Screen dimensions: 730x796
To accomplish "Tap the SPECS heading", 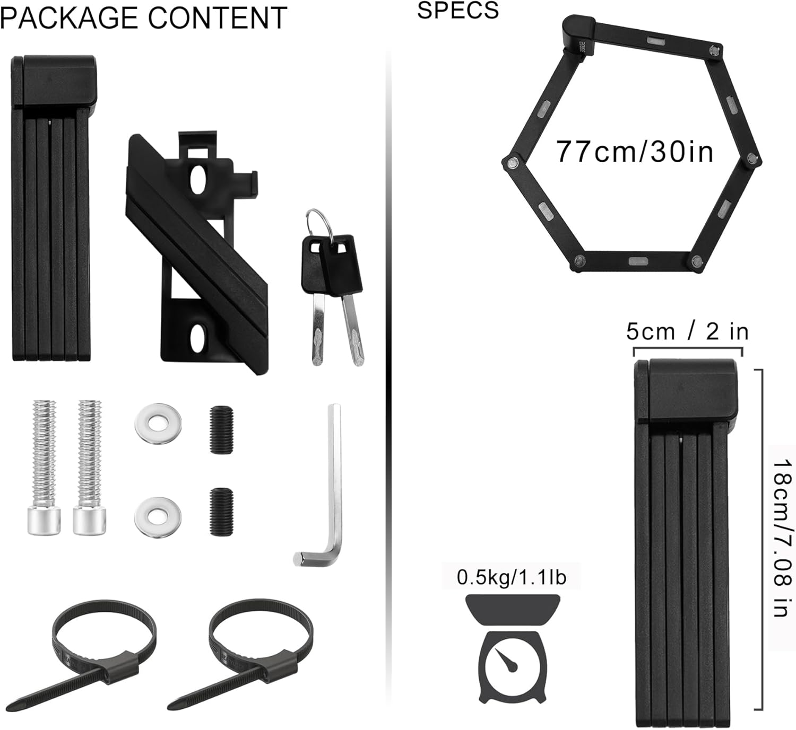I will (458, 10).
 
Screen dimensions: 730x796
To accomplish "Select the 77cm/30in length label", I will (635, 152).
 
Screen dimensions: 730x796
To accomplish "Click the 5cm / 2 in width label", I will (687, 332).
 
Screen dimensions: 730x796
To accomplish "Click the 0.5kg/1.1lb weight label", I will (512, 577).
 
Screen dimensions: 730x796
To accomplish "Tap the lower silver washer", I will (158, 515).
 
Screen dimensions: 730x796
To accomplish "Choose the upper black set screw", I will (221, 429).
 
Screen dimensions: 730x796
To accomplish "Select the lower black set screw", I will (221, 511).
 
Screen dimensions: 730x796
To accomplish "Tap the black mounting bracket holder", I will (196, 249).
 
